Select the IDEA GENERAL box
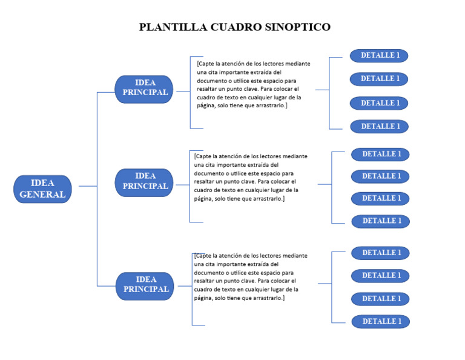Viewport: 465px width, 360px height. pyautogui.click(x=42, y=189)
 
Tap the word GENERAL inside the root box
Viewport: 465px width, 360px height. pyautogui.click(x=42, y=195)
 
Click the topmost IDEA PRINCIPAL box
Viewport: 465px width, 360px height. pyautogui.click(x=144, y=88)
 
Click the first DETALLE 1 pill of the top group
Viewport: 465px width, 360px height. pyautogui.click(x=379, y=56)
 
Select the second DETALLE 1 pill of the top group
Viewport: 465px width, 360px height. pyautogui.click(x=379, y=79)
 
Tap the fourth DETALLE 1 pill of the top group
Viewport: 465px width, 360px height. pyautogui.click(x=380, y=127)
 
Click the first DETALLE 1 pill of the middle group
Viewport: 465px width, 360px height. pyautogui.click(x=381, y=155)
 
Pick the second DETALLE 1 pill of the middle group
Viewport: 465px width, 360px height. pyautogui.click(x=381, y=176)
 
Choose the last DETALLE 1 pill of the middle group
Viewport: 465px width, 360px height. pyautogui.click(x=381, y=221)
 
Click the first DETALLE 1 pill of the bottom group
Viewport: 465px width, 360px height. pyautogui.click(x=381, y=253)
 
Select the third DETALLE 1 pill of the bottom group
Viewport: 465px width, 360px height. pyautogui.click(x=381, y=299)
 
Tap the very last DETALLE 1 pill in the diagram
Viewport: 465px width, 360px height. pyautogui.click(x=381, y=322)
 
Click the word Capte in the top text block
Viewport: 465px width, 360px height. pyautogui.click(x=206, y=63)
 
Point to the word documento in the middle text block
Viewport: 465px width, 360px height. pyautogui.click(x=208, y=173)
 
